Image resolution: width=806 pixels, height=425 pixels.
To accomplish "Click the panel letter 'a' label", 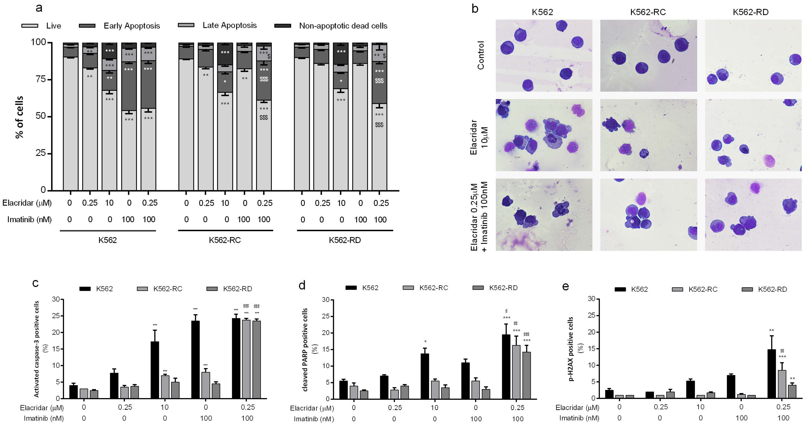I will coord(39,8).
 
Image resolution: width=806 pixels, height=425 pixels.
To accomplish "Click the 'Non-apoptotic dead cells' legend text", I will coord(343,26).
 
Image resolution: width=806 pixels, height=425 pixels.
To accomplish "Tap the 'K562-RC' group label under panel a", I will coord(225,240).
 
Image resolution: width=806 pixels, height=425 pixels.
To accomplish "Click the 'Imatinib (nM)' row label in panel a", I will coord(29,219).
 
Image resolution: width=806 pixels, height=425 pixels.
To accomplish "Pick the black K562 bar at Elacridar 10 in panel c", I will coord(155,370).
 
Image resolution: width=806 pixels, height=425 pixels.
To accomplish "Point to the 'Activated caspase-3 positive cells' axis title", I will coord(37,349).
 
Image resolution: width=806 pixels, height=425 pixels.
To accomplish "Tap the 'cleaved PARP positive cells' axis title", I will coord(305,350).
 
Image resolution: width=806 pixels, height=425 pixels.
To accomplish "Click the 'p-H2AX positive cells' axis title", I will coord(571,349).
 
